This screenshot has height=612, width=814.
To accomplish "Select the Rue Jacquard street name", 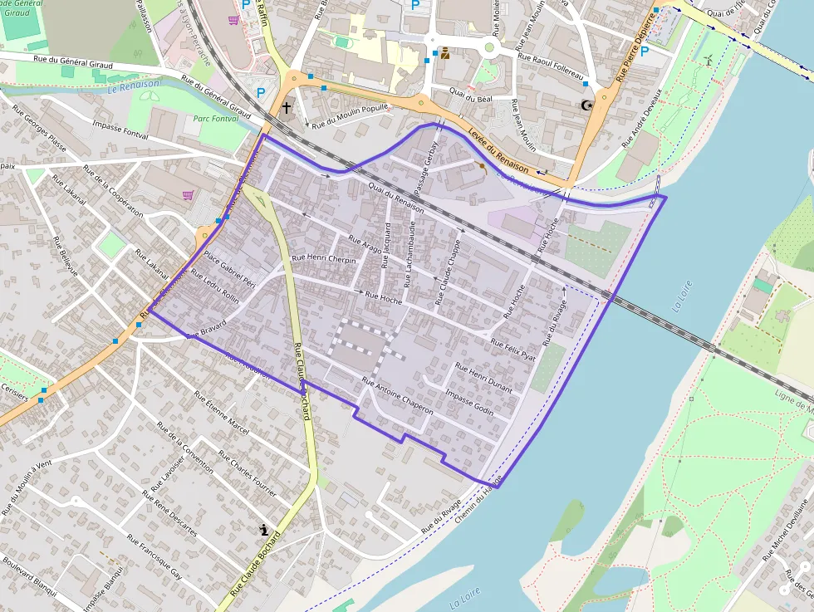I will pos(386,247).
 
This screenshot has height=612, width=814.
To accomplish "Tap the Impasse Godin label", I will pos(470,402).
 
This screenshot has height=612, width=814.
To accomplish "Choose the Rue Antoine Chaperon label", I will pos(398,393).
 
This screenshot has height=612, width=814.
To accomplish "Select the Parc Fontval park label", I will pos(214,120).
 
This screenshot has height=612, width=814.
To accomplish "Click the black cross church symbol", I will pos(287,107).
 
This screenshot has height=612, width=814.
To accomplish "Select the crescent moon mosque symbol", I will pos(587,105).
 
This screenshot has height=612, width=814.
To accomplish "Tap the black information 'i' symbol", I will pos(264,529).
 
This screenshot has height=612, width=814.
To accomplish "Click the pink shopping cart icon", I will pos(189,195).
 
